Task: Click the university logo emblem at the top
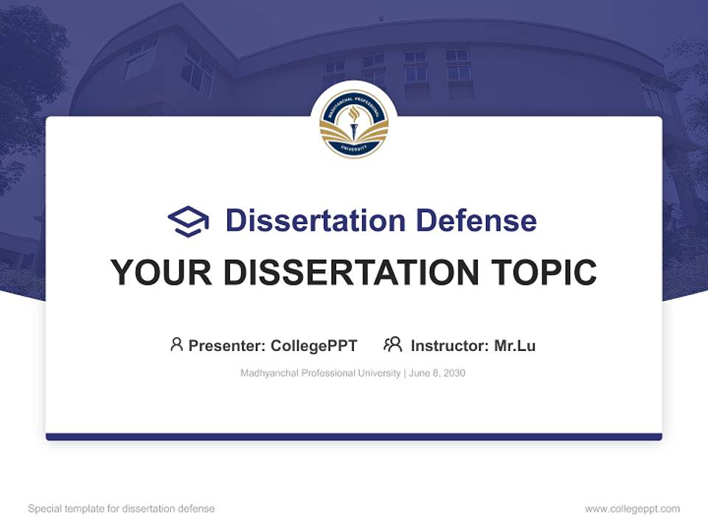[x=353, y=124]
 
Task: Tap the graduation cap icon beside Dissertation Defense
[x=188, y=221]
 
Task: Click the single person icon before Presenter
[x=176, y=344]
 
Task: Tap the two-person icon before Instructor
[x=392, y=344]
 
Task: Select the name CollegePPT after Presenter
[x=314, y=346]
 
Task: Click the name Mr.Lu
[x=515, y=346]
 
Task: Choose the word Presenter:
[x=227, y=346]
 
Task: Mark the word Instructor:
[x=450, y=346]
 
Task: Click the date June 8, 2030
[x=437, y=373]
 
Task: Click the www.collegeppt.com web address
[x=632, y=509]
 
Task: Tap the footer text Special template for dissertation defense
[x=122, y=509]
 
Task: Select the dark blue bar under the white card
[x=353, y=437]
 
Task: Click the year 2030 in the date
[x=454, y=373]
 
